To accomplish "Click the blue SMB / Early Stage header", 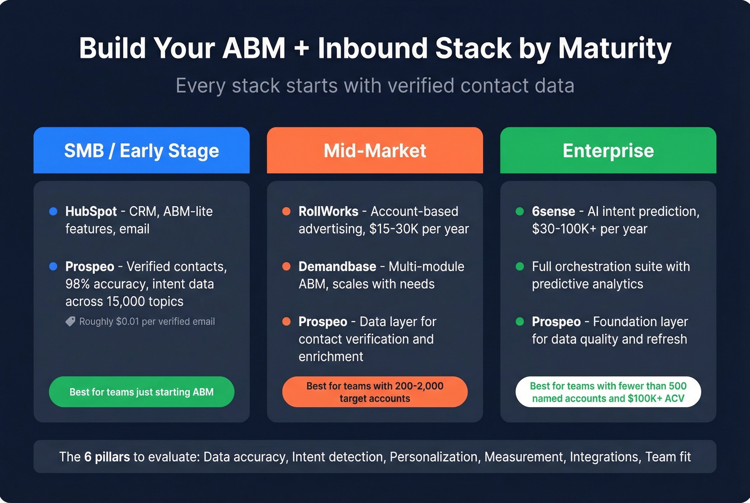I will [141, 151].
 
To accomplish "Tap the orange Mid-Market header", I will [374, 151].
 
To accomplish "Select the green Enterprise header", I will [608, 151].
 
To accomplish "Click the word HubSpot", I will [91, 212].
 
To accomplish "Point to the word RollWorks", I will [328, 212].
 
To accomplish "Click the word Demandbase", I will [337, 267].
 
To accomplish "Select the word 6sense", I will [553, 212].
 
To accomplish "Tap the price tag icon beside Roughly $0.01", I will [70, 321].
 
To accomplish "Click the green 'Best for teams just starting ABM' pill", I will [141, 392].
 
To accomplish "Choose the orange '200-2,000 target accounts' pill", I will [374, 392].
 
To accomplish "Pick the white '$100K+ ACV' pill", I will [608, 392].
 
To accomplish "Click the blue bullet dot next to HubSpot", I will [53, 212].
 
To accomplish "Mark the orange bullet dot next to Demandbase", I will [287, 267].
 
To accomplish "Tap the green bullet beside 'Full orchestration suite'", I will [520, 267].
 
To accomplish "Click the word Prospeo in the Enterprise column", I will [556, 322].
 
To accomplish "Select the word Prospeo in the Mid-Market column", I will [322, 322].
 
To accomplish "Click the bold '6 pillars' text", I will [107, 457].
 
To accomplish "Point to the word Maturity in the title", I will [614, 48].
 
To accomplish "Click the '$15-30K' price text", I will [394, 229].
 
